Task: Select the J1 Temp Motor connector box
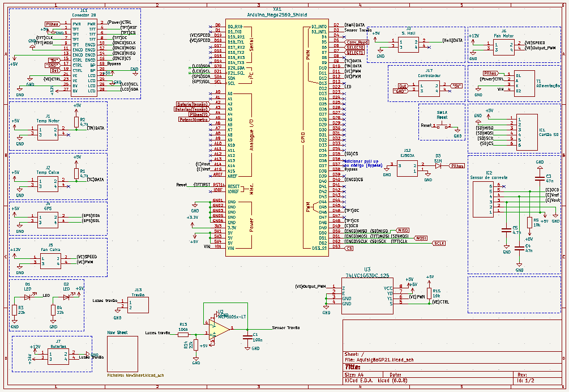pos(48,132)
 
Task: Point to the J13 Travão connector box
pos(139,305)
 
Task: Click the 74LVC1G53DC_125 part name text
pos(367,275)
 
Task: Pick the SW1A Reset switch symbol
pos(442,126)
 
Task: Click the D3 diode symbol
pos(438,165)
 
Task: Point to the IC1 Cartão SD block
pos(527,131)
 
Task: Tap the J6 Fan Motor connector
pos(503,46)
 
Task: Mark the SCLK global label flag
pos(439,243)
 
